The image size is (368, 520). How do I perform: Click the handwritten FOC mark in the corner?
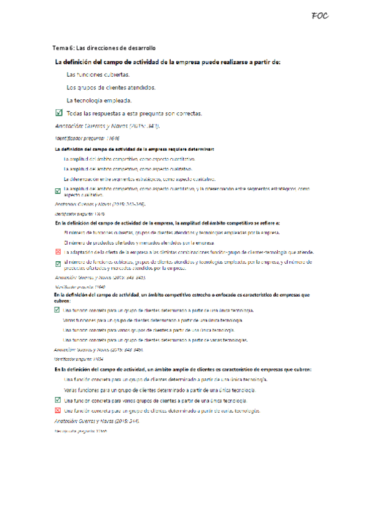coord(320,16)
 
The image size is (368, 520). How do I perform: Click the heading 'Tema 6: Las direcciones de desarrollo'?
coord(104,48)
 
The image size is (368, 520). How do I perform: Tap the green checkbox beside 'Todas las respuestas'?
coord(58,113)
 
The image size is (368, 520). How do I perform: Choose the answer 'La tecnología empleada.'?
coord(98,101)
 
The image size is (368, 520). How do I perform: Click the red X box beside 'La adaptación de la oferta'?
coord(58,252)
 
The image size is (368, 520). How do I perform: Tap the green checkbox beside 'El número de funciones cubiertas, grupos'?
coord(58,264)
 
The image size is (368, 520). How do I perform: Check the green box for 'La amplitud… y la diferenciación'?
coord(58,191)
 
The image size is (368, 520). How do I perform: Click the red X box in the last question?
coord(58,410)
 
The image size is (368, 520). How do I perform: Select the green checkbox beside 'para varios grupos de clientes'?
coord(58,400)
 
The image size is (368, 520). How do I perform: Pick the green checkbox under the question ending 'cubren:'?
coord(58,310)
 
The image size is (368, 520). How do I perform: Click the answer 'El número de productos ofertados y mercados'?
coord(139,242)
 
